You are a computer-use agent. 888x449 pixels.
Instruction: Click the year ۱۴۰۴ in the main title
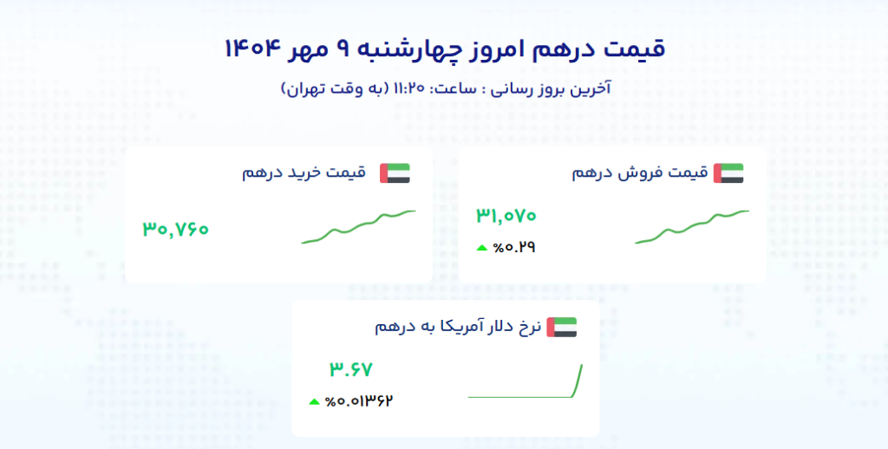click(252, 49)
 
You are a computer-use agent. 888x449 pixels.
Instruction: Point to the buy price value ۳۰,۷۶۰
click(175, 229)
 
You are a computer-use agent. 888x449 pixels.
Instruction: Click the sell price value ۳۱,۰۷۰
click(506, 215)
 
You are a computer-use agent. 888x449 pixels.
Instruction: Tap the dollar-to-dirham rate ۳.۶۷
click(351, 369)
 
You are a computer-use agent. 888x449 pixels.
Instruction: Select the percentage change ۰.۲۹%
click(514, 247)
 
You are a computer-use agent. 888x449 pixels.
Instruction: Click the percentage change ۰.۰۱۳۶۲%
click(359, 401)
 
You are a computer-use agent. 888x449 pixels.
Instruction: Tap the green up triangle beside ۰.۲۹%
click(482, 247)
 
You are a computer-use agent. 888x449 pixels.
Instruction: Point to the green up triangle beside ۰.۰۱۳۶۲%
click(314, 402)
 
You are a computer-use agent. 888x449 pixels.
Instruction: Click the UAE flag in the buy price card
click(395, 173)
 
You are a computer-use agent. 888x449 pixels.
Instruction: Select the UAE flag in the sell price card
click(728, 173)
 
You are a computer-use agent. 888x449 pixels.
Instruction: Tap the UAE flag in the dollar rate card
click(562, 328)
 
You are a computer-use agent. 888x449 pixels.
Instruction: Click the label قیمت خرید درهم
click(304, 172)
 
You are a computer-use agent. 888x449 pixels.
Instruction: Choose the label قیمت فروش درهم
click(640, 172)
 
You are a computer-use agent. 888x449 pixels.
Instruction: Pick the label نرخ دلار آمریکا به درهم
click(458, 327)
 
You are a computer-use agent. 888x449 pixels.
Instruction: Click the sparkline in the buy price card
click(358, 227)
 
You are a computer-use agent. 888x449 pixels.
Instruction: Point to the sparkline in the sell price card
click(692, 227)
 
